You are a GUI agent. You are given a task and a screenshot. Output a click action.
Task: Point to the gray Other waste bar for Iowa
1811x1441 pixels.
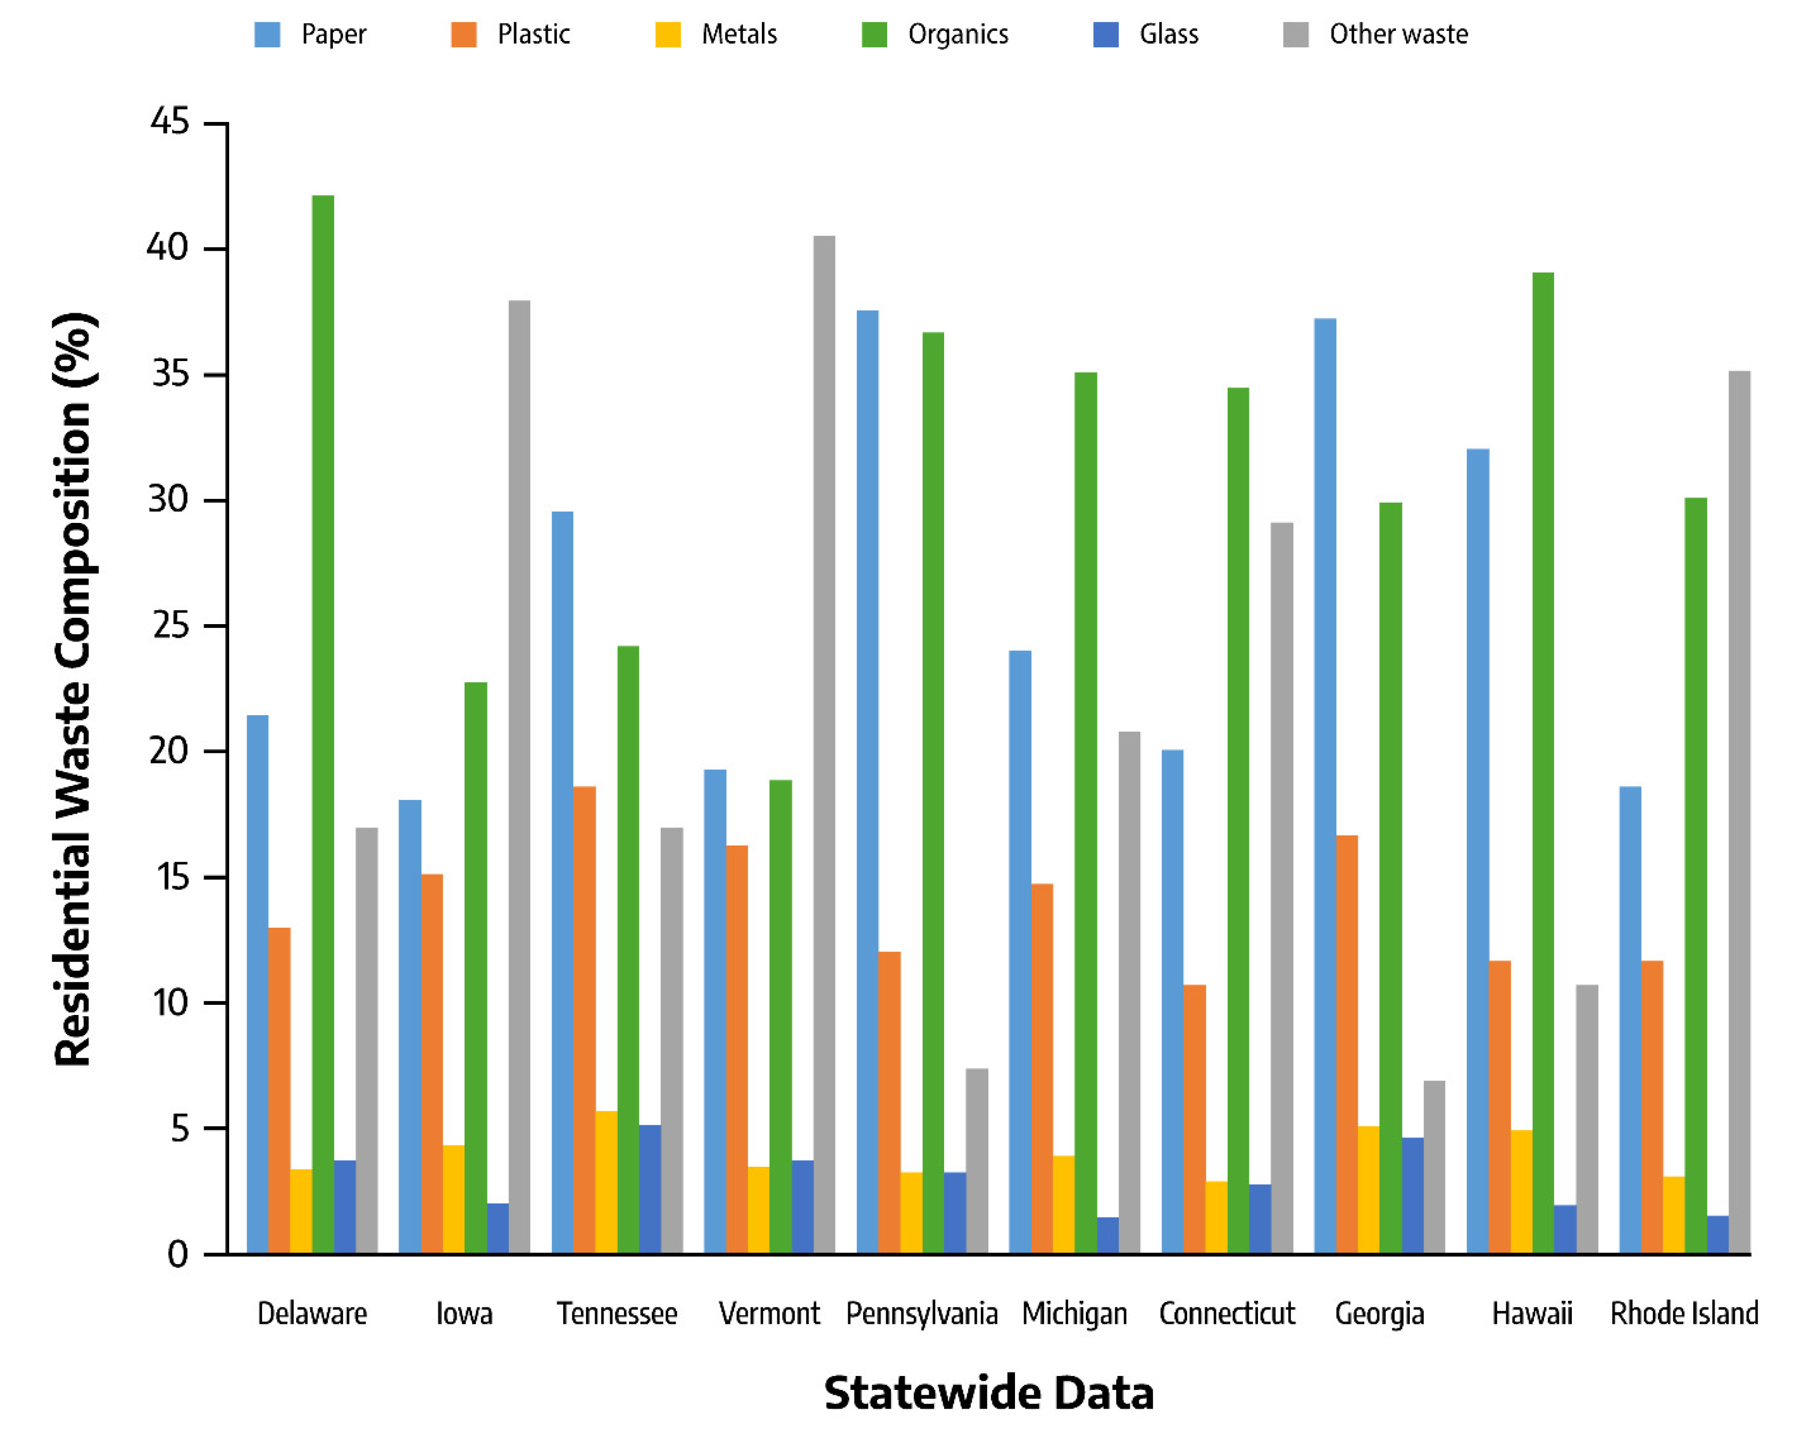coord(519,777)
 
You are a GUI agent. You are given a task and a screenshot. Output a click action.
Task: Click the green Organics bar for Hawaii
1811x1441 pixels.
coord(1543,763)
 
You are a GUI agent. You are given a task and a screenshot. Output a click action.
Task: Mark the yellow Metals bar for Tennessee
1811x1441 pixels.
coord(606,1182)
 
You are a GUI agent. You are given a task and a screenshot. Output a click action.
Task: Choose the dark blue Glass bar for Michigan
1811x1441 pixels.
coord(1108,1235)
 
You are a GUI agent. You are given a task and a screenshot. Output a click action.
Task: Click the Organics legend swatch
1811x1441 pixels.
coord(874,35)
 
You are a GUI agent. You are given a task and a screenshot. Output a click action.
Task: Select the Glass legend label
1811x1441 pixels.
coord(1168,35)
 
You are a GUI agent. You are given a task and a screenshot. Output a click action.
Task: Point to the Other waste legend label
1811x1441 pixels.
coord(1399,35)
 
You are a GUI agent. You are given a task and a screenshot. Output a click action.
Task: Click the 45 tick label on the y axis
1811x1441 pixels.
coord(169,122)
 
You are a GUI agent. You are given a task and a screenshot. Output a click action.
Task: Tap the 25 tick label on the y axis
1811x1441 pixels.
coord(169,626)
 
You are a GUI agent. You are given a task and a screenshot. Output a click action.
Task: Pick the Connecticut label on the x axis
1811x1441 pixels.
coord(1227,1313)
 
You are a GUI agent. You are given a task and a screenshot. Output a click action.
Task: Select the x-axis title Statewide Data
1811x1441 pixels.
coord(989,1393)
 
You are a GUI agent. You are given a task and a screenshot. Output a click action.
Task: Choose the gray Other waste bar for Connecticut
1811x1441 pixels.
coord(1282,888)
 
